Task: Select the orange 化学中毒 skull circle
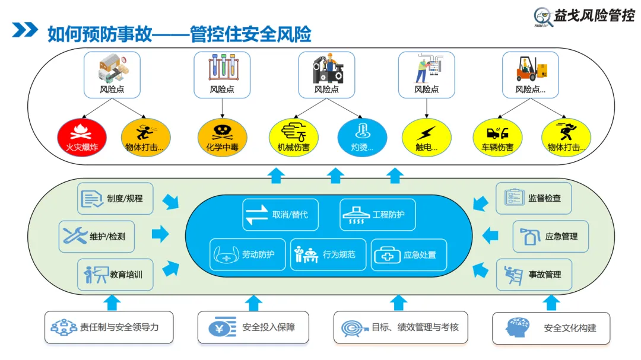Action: coord(222,138)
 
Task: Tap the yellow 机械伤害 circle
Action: coord(293,138)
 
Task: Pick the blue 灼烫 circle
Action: coord(362,138)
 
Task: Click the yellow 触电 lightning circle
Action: coord(426,138)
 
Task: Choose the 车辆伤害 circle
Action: coord(497,138)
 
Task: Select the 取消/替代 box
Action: coord(280,215)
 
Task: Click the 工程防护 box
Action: coord(377,215)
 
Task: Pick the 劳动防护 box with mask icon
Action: coord(247,254)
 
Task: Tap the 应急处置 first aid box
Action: coord(409,254)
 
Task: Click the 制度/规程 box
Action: coord(115,198)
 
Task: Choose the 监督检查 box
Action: coord(534,198)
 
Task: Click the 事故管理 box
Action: coord(534,275)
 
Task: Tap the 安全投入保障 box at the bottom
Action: coord(253,327)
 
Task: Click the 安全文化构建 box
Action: coord(551,328)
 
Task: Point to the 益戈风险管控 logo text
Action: coord(594,16)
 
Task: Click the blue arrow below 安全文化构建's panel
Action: coord(552,302)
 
